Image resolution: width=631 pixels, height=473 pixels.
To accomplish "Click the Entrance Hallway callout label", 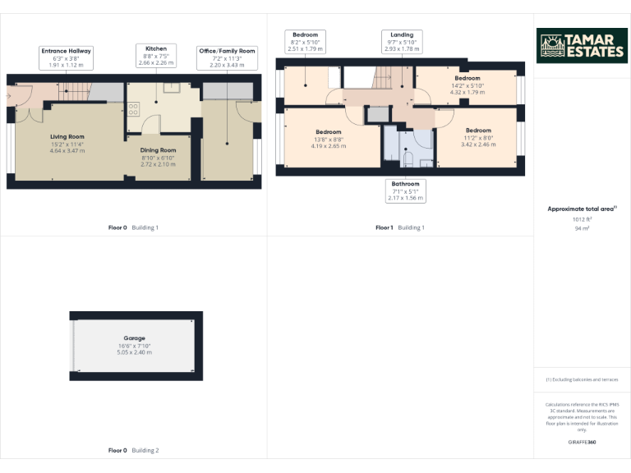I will [x=67, y=57].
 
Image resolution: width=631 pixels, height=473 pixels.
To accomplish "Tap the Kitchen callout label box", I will [x=156, y=54].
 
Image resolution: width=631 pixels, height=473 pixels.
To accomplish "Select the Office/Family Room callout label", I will [x=227, y=57].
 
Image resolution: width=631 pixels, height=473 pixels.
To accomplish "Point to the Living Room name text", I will [x=67, y=136].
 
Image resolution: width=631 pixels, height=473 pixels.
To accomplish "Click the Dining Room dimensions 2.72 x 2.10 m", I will [x=159, y=164].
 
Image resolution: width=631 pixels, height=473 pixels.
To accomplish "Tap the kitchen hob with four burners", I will [x=133, y=109].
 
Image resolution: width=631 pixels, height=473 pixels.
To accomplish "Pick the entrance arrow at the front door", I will [x=9, y=95].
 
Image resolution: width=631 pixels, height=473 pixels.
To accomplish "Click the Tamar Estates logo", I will [x=582, y=46].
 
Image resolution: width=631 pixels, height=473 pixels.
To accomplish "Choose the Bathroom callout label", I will [x=405, y=191].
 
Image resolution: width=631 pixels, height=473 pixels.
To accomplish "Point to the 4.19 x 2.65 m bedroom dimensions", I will [x=328, y=146].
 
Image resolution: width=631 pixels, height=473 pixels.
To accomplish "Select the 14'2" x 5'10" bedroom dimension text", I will [x=467, y=85].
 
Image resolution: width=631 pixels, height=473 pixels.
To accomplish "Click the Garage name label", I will [x=135, y=338].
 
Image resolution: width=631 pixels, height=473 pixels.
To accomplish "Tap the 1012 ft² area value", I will [x=582, y=219].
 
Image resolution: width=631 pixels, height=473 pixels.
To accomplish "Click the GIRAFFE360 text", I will [x=582, y=442].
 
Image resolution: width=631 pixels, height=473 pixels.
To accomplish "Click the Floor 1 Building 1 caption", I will [x=400, y=227].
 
